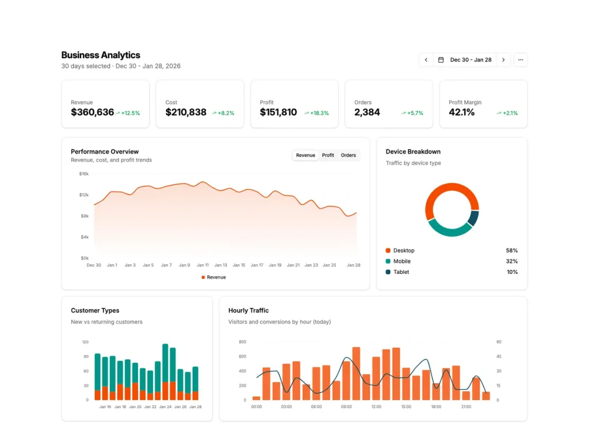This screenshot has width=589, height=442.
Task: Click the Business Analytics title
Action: (x=101, y=55)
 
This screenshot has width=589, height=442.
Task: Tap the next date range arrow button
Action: (x=503, y=60)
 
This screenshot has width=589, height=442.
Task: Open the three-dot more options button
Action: (x=521, y=60)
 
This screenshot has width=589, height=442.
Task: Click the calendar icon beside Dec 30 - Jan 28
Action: (x=441, y=60)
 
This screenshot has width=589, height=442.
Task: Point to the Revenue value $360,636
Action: (x=93, y=112)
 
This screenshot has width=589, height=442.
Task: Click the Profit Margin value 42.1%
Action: (x=462, y=112)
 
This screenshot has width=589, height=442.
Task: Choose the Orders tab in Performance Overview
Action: (x=349, y=155)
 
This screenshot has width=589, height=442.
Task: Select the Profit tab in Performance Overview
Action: (x=328, y=155)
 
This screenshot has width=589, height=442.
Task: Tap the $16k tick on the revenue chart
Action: (x=84, y=174)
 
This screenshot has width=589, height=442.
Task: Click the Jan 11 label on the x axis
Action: (x=202, y=265)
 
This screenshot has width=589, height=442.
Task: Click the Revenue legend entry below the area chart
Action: (x=214, y=277)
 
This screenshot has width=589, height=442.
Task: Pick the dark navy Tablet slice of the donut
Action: (x=473, y=218)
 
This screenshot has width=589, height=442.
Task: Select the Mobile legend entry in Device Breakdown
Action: (x=401, y=261)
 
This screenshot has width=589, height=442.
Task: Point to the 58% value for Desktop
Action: (x=511, y=250)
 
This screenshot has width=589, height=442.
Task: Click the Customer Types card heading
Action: (x=95, y=311)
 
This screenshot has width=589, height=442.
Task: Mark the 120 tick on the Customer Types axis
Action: (x=85, y=342)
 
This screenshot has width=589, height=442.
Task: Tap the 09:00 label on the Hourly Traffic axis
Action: (x=346, y=407)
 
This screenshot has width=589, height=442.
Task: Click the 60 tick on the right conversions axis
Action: (x=498, y=342)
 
